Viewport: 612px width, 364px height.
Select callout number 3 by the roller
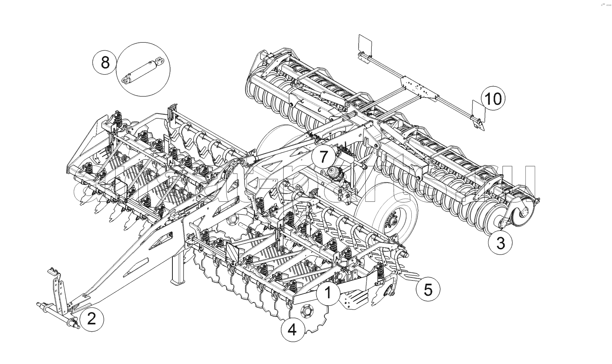click(x=500, y=243)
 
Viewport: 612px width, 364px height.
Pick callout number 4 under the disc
click(x=292, y=329)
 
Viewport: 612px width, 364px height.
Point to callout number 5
click(x=428, y=289)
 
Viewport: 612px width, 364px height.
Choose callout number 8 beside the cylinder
click(x=105, y=62)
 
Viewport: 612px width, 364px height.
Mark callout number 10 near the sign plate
click(x=493, y=99)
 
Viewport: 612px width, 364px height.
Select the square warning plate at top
click(x=365, y=44)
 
